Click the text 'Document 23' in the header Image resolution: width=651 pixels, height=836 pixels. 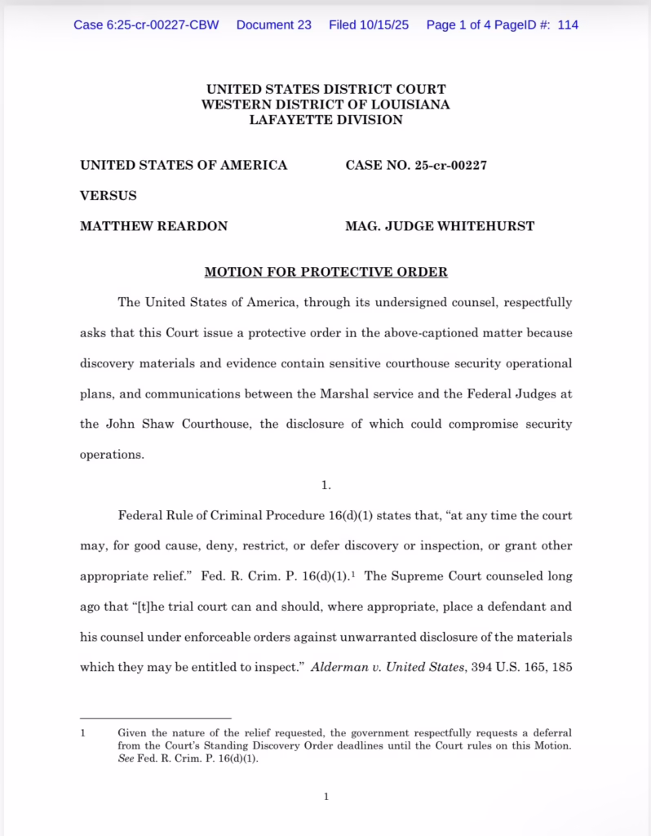pos(273,24)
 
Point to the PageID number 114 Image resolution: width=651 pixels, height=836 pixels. pos(568,24)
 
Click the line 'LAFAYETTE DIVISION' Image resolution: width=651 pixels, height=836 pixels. pos(325,120)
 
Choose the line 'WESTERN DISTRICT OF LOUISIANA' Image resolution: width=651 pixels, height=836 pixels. pos(325,104)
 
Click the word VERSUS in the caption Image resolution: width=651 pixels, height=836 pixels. pos(108,195)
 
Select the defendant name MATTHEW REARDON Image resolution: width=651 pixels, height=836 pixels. pos(153,225)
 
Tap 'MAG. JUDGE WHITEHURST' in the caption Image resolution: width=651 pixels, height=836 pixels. pos(440,225)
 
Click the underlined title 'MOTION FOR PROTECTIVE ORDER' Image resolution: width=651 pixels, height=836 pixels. pos(325,272)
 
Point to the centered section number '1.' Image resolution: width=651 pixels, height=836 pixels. pos(326,485)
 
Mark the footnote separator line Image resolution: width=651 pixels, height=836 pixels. pos(155,718)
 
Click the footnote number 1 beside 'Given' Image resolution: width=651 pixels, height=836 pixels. pos(82,733)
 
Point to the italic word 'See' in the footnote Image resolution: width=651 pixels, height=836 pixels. pos(126,758)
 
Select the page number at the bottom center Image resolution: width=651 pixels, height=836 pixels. pos(325,797)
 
